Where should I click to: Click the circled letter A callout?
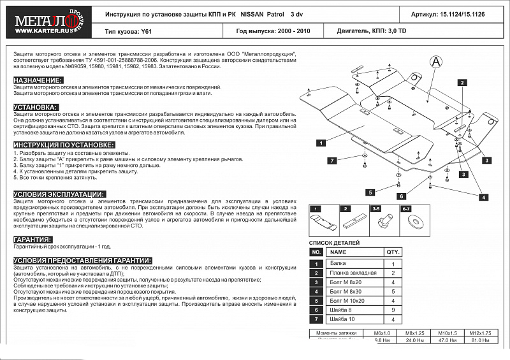(435, 61)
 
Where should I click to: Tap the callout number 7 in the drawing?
(332, 161)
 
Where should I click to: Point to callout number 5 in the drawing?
(369, 192)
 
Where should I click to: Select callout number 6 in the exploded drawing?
(402, 196)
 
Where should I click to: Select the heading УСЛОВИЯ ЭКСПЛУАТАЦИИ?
(59, 194)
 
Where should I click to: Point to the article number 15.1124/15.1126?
(466, 13)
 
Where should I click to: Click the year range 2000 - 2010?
(291, 31)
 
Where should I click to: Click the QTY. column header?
(393, 252)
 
